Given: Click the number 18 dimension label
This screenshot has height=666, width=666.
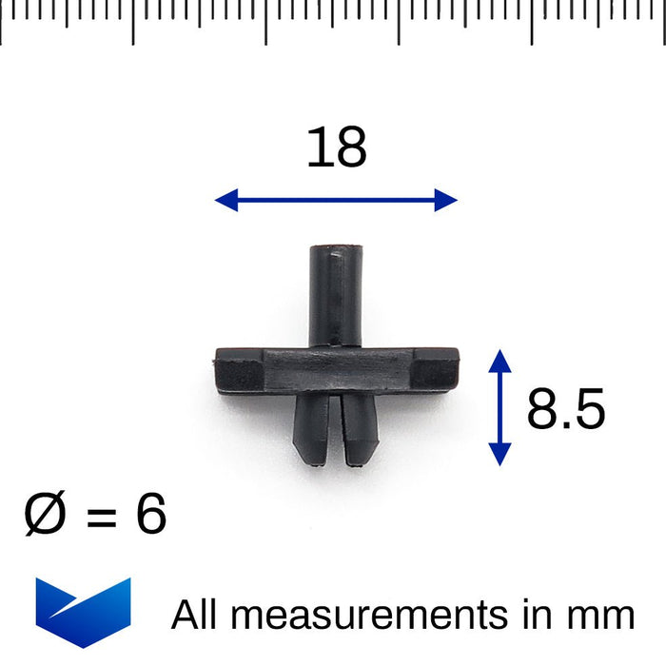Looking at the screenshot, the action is pos(337,147).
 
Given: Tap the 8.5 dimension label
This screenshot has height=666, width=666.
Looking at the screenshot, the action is pos(566,408).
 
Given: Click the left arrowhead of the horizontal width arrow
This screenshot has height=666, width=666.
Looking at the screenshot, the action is pos(226,200).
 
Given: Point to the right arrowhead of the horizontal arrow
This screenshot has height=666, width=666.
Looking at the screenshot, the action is pos(446,200).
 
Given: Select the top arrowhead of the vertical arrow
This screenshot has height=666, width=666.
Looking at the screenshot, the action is pos(499,362).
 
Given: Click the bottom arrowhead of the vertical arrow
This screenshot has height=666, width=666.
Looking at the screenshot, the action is pos(499,454).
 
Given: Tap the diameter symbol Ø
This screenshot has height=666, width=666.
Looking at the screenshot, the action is pos(45,513).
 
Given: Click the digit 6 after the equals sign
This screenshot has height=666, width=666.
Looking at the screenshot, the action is pos(151,513).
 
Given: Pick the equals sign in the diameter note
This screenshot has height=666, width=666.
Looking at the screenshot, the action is pos(102,516).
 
